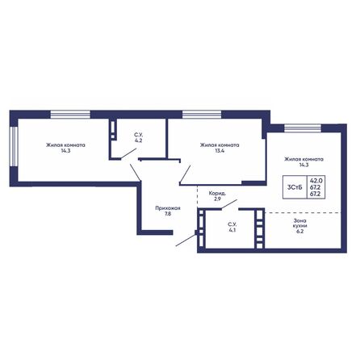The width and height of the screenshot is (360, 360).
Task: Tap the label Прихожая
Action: pyautogui.click(x=167, y=208)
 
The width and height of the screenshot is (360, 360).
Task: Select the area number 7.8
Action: pyautogui.click(x=167, y=215)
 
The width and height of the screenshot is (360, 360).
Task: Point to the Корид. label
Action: pyautogui.click(x=217, y=194)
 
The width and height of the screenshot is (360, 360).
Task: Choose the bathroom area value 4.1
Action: pyautogui.click(x=231, y=230)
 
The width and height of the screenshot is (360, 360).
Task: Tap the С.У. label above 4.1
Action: pyautogui.click(x=231, y=224)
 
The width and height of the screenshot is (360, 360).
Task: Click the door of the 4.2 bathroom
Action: pyautogui.click(x=128, y=153)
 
